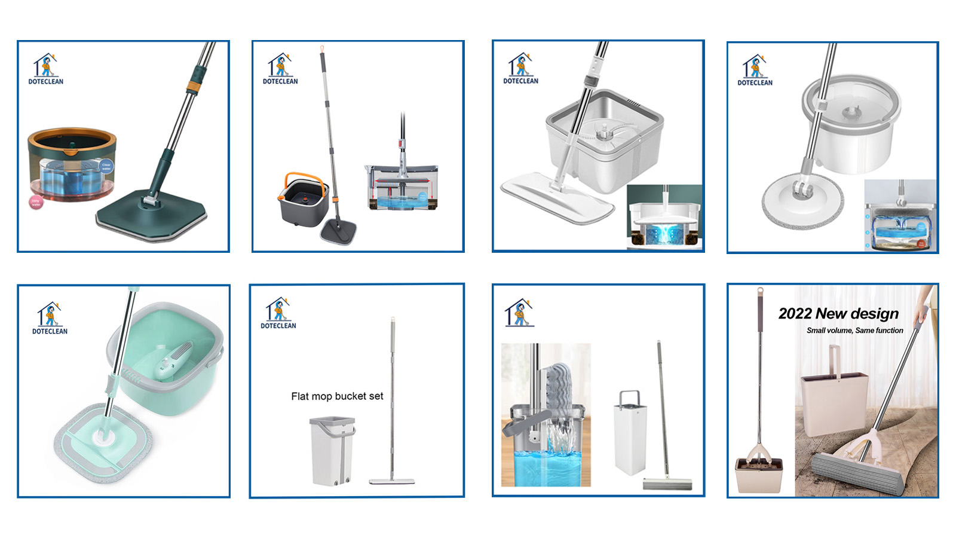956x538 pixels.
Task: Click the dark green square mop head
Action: pyautogui.click(x=152, y=215)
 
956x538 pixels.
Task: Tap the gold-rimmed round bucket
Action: pyautogui.click(x=72, y=164)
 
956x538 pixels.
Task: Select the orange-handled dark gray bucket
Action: pyautogui.click(x=304, y=200)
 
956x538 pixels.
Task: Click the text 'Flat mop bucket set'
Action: pyautogui.click(x=337, y=396)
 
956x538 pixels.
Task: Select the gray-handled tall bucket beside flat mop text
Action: pyautogui.click(x=332, y=451)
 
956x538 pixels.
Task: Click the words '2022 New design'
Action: pyautogui.click(x=838, y=313)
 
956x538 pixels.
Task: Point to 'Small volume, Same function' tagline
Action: pyautogui.click(x=854, y=331)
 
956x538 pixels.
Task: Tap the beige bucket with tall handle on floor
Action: pyautogui.click(x=833, y=401)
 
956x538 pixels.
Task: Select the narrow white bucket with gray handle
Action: pyautogui.click(x=630, y=433)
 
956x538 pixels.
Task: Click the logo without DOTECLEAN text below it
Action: pyautogui.click(x=519, y=313)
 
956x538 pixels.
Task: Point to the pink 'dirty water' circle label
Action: pyautogui.click(x=36, y=202)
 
